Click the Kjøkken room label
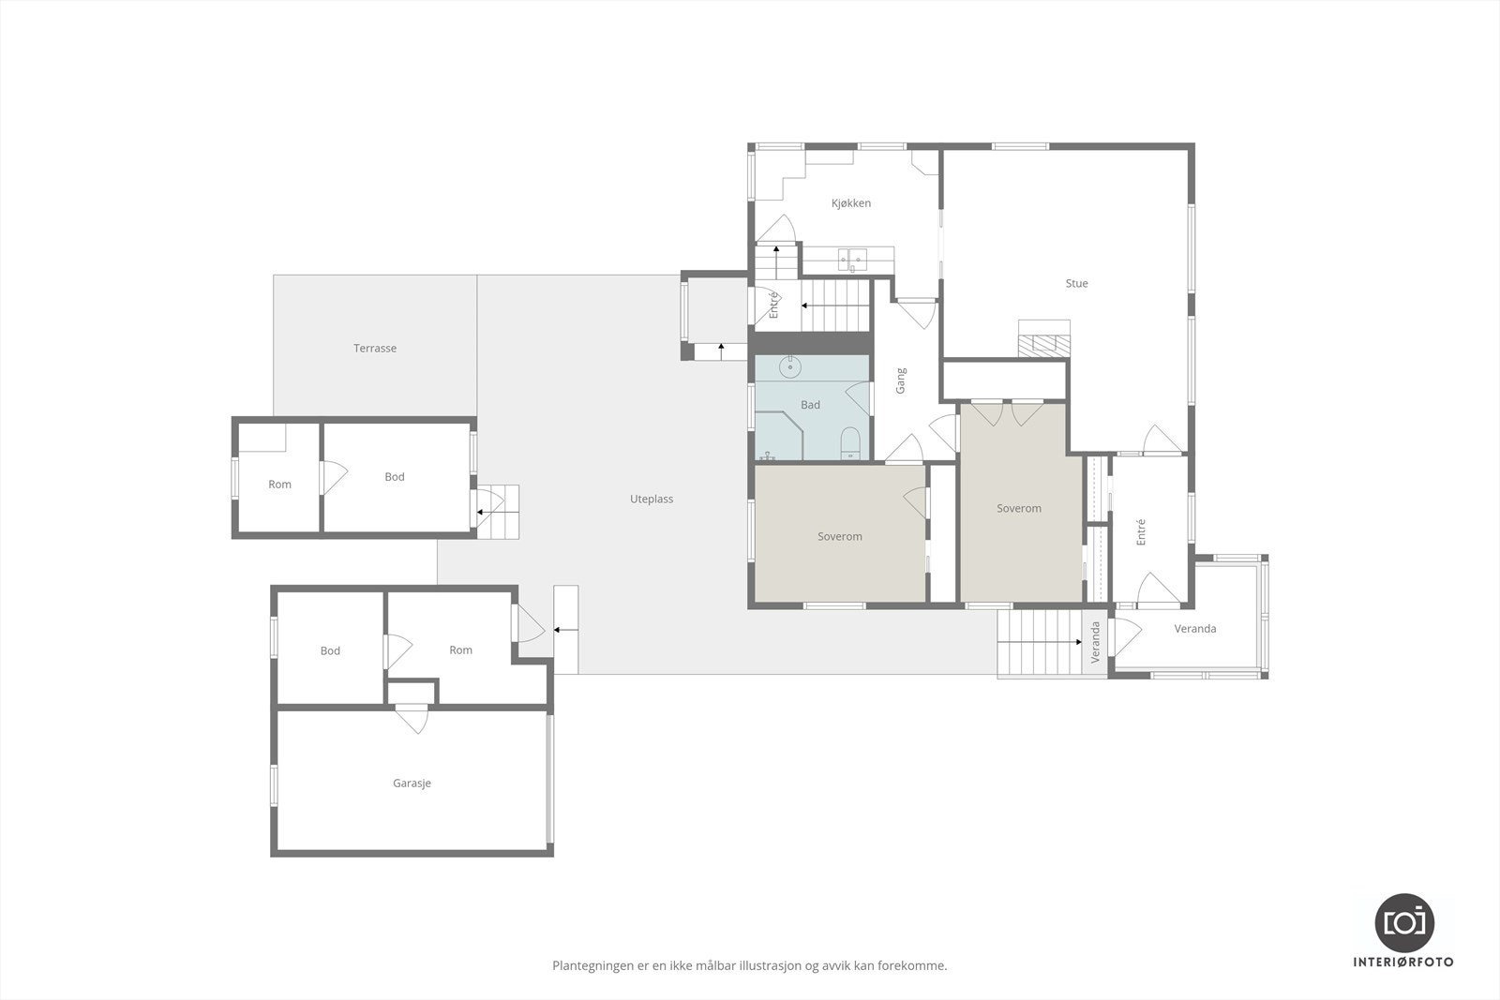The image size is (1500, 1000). point(851,203)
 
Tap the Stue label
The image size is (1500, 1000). point(1076,284)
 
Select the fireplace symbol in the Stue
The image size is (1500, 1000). point(1044,338)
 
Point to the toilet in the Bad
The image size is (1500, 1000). point(850,442)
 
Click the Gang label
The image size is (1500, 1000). point(901,380)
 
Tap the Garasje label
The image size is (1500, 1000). point(412,784)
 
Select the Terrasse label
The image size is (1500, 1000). point(375,349)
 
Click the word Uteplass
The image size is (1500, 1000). point(652,500)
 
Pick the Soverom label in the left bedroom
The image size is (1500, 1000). point(839,537)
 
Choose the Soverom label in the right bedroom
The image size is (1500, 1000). point(1018,509)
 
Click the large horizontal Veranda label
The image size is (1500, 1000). point(1194,629)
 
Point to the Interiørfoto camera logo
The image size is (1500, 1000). point(1403,922)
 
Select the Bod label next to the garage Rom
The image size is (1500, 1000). point(330,651)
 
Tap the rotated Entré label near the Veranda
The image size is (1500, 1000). point(1141,532)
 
